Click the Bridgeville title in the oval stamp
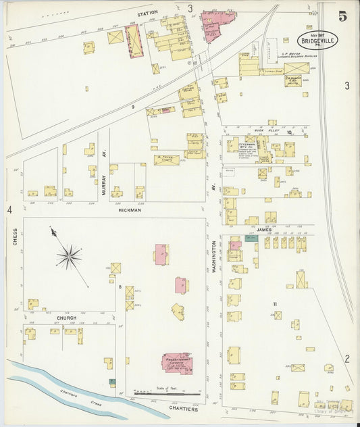[317, 40]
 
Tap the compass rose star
[68, 255]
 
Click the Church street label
[67, 318]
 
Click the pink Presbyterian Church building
[177, 363]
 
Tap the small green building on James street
[251, 238]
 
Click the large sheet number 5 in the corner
[343, 16]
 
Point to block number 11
[276, 304]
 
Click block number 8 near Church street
[121, 287]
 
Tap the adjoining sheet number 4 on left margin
[9, 211]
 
